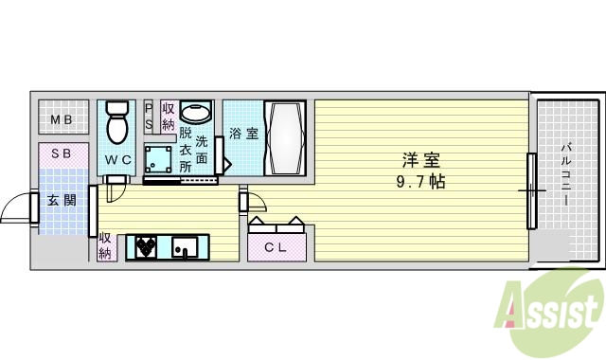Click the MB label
[x=62, y=120]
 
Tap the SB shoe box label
[x=62, y=153]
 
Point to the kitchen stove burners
[x=146, y=247]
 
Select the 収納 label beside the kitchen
[x=105, y=245]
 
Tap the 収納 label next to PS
[x=169, y=117]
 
